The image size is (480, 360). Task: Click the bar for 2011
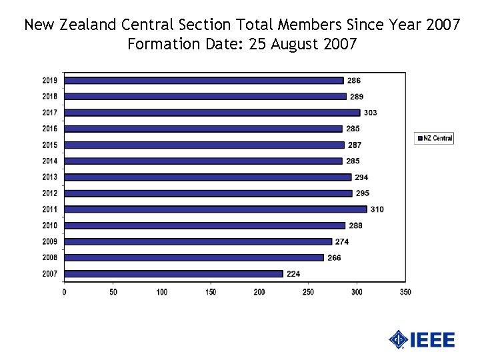point(215,209)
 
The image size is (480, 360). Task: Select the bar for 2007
point(173,273)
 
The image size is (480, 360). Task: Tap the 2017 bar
point(212,113)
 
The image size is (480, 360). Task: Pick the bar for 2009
point(198,241)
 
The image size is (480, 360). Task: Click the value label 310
point(377,209)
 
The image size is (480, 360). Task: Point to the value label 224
point(293,273)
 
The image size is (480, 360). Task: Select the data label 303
point(370,113)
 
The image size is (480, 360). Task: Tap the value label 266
point(334,257)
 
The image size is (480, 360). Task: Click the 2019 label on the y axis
point(50,81)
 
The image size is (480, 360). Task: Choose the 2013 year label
point(50,177)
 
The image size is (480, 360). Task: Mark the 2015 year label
point(50,145)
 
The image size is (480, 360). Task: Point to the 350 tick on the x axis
point(405,292)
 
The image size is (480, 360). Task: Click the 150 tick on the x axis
point(211,292)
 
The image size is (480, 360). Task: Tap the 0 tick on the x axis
point(64,292)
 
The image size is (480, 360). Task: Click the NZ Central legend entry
point(435,138)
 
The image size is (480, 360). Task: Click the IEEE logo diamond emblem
point(399,339)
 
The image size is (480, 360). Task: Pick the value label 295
point(363,193)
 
